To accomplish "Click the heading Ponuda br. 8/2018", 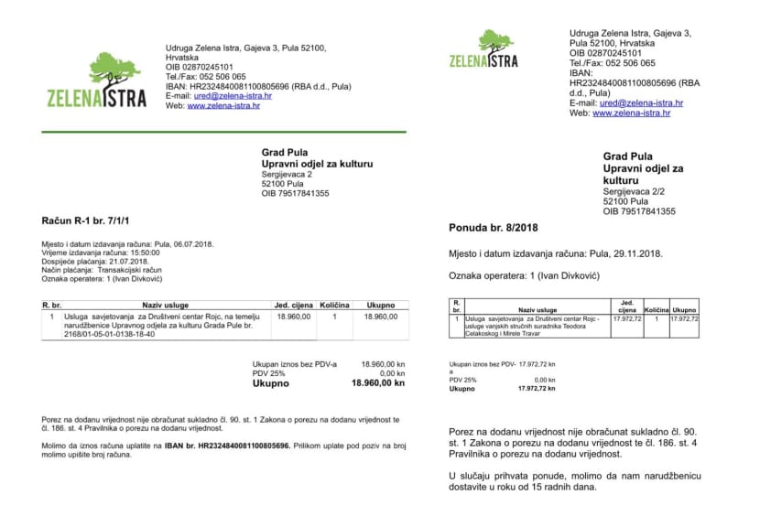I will pos(494,227).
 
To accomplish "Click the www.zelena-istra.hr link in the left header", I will pos(223,106).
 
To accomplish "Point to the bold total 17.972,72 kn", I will pos(537,388).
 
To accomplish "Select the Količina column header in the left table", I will pos(335,305).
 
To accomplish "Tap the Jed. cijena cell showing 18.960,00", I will pos(294,317).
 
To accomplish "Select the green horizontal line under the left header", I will pos(223,133).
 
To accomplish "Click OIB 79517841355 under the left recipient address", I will pos(295,193).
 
